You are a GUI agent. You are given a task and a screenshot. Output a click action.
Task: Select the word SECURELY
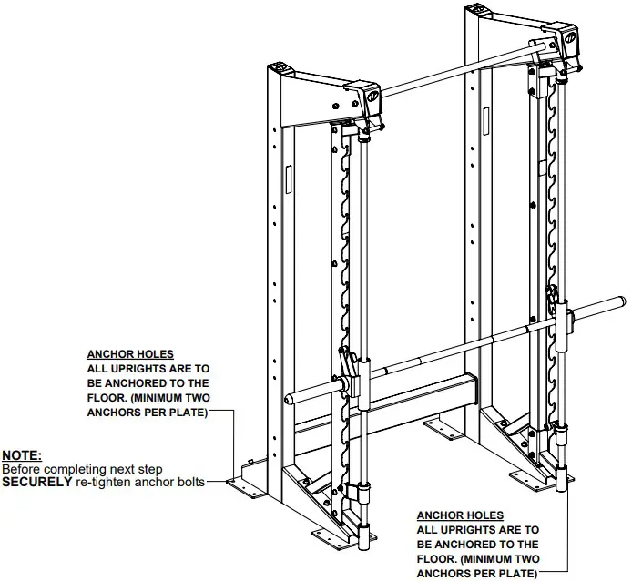point(36,481)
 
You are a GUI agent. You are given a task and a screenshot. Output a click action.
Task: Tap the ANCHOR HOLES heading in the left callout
point(130,354)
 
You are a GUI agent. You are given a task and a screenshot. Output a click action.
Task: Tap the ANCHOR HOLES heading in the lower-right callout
point(460,515)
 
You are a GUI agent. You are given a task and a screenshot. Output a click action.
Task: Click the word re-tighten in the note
point(101,481)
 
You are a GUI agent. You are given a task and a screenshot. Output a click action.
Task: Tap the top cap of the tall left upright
point(282,66)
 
